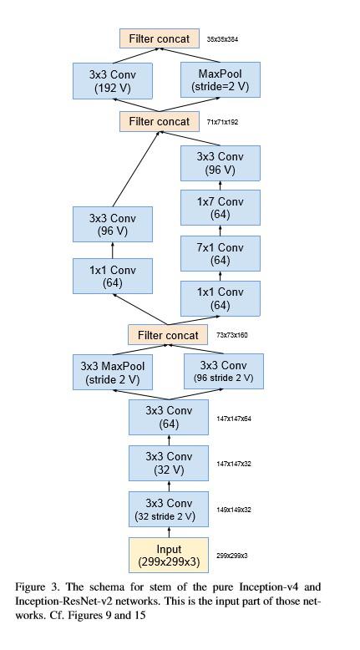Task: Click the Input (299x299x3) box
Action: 169,555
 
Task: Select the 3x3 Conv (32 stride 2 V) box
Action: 169,509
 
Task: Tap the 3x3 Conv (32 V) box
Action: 169,463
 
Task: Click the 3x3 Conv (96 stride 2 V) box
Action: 224,371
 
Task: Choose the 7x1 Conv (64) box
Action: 220,253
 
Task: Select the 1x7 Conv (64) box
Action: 220,208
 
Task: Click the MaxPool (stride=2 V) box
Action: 216,80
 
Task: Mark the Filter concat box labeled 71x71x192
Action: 160,121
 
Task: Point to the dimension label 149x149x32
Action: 235,509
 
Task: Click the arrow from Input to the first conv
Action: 169,531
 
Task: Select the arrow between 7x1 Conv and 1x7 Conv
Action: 220,231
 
